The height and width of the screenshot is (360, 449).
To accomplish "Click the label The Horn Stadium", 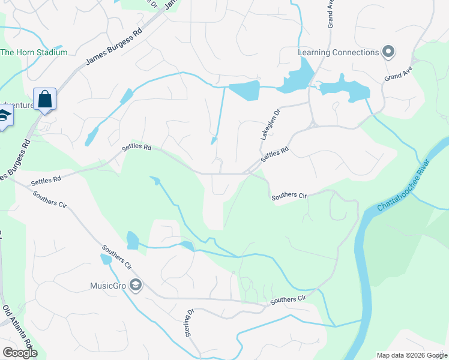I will pos(34,52).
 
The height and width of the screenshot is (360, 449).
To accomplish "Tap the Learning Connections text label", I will pos(339,52).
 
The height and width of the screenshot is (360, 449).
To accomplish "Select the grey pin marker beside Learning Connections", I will pos(388,52).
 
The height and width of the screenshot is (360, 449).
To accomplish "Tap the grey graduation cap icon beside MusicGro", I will pos(136,286).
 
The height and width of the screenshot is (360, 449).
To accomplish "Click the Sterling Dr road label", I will pos(190,323).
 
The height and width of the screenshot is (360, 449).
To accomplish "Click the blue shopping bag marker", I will pos(45,98).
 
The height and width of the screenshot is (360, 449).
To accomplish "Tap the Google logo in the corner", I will pos(20,353).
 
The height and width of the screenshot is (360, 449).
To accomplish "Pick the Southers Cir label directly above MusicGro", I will pos(116,257).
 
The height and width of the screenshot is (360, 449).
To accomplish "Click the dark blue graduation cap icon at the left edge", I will pos(5,115).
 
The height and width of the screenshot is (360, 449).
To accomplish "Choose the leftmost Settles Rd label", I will pos(46,179).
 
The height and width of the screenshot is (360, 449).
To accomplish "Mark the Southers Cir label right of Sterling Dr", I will pos(288,299).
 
